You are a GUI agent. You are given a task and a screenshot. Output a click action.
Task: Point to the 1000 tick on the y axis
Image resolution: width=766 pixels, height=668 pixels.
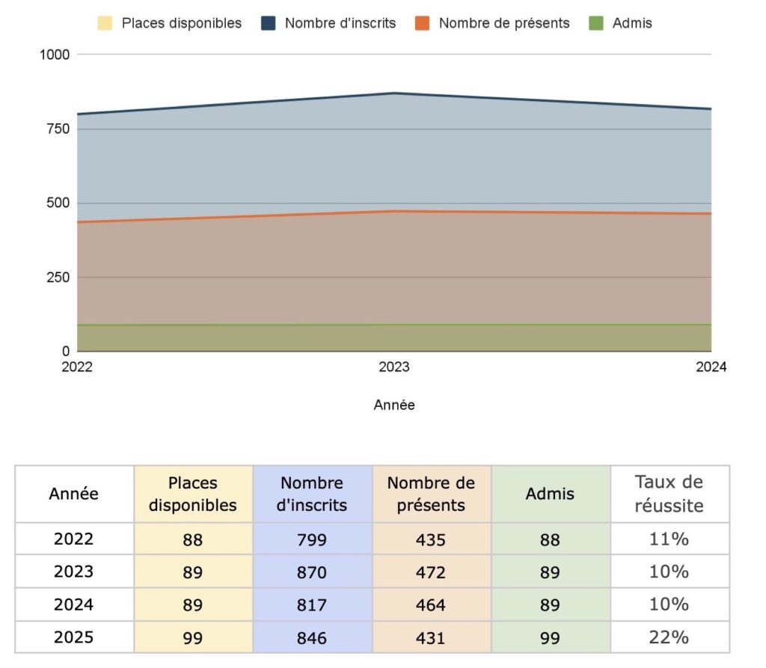pos(55,55)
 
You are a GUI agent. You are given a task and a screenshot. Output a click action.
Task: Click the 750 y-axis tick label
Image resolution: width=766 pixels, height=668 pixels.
pos(58,129)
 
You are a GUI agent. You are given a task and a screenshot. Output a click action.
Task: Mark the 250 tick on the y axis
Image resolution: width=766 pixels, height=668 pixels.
pos(58,278)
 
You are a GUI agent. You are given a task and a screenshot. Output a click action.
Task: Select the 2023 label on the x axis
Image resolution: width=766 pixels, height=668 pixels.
pos(394,367)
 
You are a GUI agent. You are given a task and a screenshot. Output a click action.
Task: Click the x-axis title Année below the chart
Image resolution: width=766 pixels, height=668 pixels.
pos(394,405)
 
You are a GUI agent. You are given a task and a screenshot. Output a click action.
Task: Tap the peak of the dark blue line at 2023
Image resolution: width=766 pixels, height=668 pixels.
pos(394,94)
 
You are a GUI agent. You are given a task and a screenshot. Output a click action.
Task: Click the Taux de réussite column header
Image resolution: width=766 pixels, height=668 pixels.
pos(669,494)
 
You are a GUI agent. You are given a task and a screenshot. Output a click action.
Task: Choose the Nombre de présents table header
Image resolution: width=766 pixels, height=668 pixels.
pos(431,494)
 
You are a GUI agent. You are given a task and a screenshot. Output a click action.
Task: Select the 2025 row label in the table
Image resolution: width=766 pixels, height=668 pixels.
pos(74,637)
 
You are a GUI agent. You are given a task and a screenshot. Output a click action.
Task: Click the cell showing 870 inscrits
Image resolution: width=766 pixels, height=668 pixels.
pos(311,572)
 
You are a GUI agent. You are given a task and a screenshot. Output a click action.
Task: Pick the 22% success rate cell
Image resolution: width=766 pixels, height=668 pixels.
pos(669,637)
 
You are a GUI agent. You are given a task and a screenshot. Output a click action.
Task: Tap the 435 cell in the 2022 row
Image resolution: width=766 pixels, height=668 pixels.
pos(431,539)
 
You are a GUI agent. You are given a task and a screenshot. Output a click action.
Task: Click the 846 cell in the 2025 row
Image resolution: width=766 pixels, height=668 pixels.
pos(311,637)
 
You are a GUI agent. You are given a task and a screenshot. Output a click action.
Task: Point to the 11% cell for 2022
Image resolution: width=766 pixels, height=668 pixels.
pos(669,539)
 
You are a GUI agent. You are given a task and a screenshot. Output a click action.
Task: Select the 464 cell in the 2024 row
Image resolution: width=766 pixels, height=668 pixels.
pos(431,604)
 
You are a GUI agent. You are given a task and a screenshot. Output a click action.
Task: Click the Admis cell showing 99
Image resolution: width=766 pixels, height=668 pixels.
pos(550,637)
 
